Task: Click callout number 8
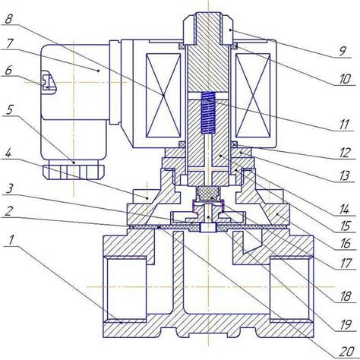(9, 19)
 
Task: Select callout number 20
(346, 351)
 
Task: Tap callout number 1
(11, 241)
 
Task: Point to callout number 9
(343, 52)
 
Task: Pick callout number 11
(344, 125)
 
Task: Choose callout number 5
(10, 110)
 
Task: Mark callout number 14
(344, 210)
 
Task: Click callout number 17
(345, 264)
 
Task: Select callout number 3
(9, 188)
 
